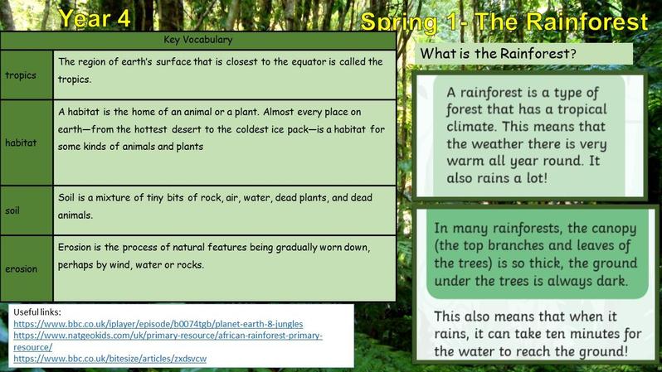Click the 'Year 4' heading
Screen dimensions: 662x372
[95, 18]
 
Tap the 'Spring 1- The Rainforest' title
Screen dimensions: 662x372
[504, 22]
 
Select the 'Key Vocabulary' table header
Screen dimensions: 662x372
[198, 40]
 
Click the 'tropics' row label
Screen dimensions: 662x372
[21, 75]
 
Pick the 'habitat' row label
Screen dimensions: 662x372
[21, 143]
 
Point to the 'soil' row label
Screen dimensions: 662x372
[12, 210]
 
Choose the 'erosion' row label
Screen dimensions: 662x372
[21, 268]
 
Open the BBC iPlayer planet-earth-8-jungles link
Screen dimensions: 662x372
[158, 324]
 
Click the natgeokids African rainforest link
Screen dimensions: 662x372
[168, 341]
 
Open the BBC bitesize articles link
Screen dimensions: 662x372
[110, 359]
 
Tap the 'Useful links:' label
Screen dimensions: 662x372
[37, 312]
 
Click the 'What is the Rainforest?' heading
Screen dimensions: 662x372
[499, 54]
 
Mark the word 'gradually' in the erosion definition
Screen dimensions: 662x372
[296, 248]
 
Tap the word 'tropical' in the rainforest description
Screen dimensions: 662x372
[582, 109]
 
